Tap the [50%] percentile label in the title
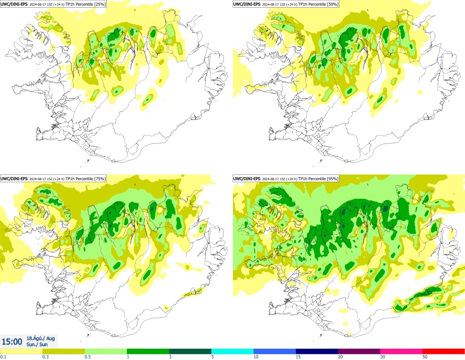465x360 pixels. (x=332, y=4)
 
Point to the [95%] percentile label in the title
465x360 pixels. (x=332, y=179)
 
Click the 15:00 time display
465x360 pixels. (x=12, y=341)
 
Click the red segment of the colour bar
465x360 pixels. (x=444, y=351)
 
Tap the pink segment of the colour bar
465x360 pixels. (x=401, y=351)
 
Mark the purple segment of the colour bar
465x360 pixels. (x=359, y=351)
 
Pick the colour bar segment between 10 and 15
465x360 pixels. (x=275, y=351)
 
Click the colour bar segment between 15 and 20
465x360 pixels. (x=317, y=351)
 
